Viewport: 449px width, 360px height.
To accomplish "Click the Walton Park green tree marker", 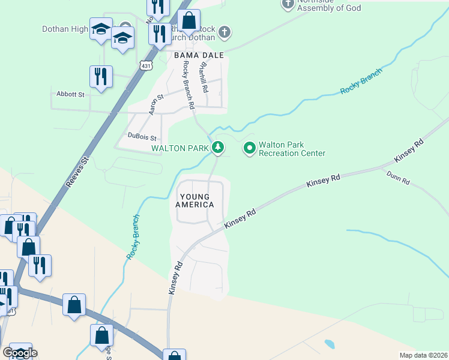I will pos(218,147).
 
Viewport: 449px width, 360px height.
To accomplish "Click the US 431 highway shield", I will pos(145,65).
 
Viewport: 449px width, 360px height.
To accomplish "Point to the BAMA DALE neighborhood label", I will pos(199,55).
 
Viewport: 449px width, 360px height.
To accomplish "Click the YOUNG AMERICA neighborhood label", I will pos(194,201).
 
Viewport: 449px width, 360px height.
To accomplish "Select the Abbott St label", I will pos(71,94).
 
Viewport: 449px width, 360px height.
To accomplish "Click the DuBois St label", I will pos(142,136).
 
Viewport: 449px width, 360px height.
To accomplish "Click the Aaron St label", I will pos(156,104).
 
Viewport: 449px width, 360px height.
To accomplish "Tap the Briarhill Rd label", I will pos(203,77).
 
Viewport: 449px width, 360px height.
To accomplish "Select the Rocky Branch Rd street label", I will pos(188,85).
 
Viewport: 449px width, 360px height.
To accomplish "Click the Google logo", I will pos(20,353).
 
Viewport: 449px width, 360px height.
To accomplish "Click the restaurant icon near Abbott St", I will pos(100,77).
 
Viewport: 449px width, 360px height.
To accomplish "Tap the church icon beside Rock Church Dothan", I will pos(224,31).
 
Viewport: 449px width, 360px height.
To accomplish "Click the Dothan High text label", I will pos(65,29).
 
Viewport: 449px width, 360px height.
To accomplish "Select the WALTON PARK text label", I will pos(180,148).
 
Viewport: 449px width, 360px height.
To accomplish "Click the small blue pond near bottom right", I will pos(330,344).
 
